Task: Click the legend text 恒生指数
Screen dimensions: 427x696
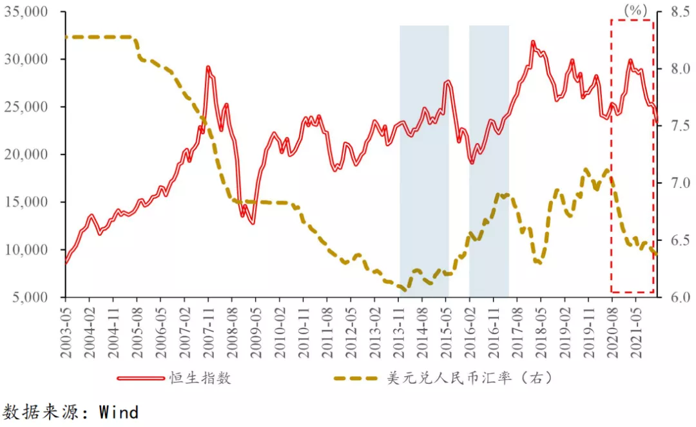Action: pos(200,378)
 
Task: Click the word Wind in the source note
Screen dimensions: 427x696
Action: pos(119,412)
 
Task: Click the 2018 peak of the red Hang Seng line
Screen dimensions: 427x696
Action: pos(533,43)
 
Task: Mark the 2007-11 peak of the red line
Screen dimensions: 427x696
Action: pos(208,68)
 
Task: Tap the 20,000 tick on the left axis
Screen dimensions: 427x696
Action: pos(34,155)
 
